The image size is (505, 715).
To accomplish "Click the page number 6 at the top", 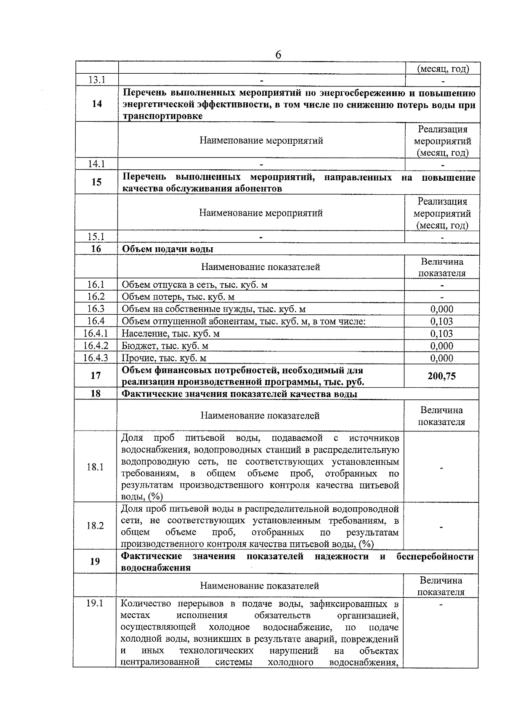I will (x=278, y=55).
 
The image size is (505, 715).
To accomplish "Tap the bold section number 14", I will (x=97, y=104).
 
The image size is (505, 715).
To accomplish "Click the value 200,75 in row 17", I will (x=441, y=376).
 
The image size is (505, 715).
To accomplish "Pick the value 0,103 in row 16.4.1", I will (x=441, y=334).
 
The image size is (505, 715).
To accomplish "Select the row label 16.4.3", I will (x=96, y=358).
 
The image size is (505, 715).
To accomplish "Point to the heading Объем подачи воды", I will (x=167, y=249).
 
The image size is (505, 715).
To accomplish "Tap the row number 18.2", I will (x=95, y=525).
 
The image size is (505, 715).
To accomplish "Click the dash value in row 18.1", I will (x=441, y=467).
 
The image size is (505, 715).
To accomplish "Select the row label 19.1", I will (x=95, y=603).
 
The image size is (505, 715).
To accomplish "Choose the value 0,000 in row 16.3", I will (x=441, y=309).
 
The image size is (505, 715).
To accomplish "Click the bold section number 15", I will (x=96, y=182).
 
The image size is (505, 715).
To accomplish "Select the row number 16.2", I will (x=96, y=297).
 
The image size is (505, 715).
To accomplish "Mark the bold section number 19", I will (x=95, y=561).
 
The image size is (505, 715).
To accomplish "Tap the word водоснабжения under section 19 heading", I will (x=156, y=568).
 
